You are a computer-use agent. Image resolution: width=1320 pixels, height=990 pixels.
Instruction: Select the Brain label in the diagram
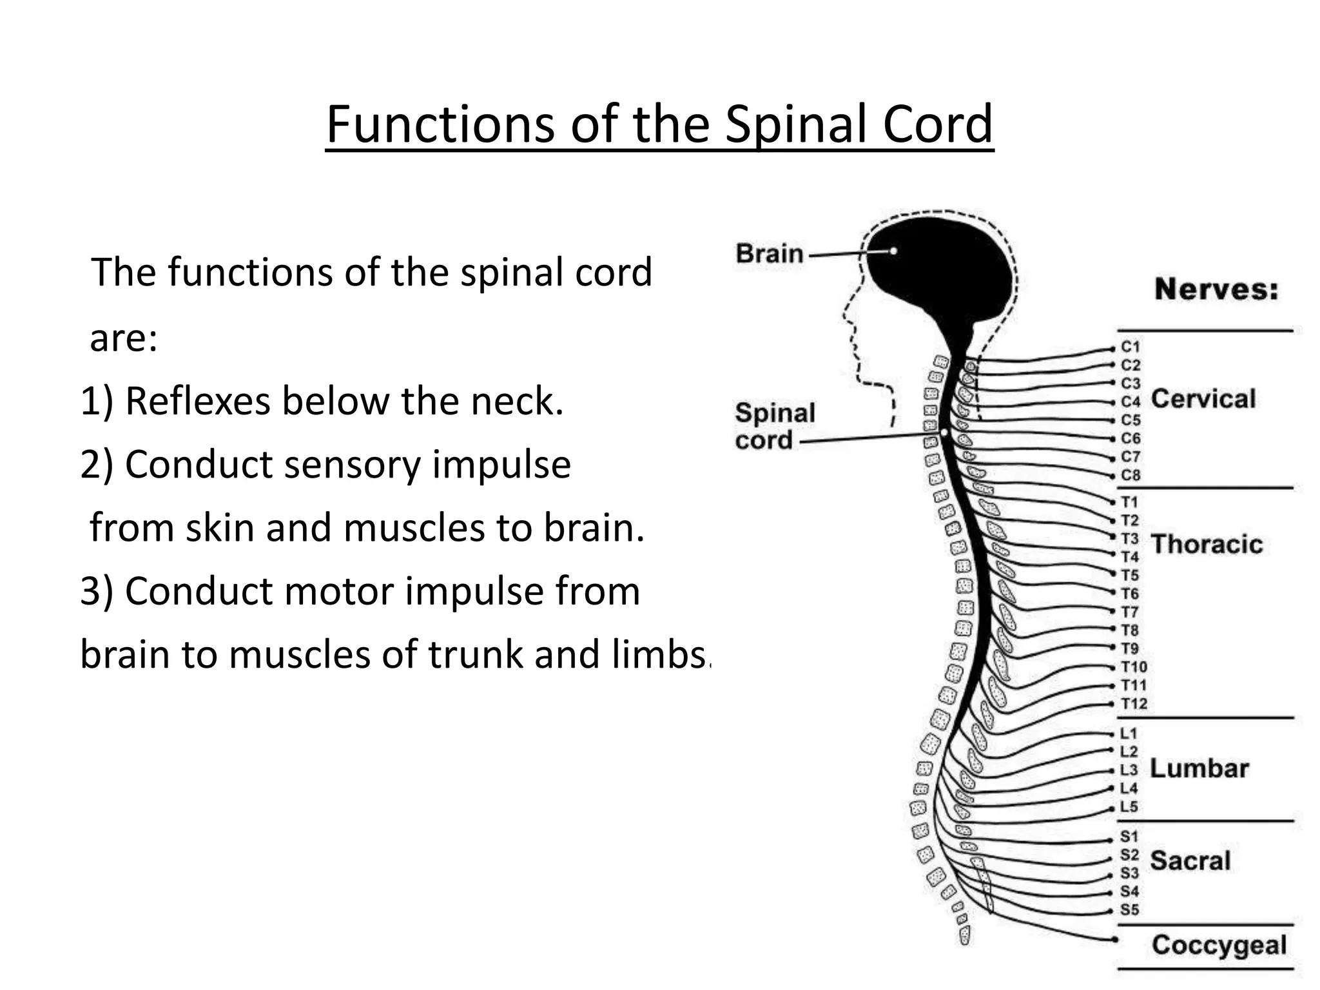(x=770, y=253)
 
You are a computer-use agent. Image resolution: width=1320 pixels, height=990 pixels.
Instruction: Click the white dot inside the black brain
(x=893, y=251)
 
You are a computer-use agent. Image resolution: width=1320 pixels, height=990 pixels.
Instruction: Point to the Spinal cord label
(x=775, y=426)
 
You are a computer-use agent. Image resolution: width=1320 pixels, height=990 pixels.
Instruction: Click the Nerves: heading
(x=1216, y=289)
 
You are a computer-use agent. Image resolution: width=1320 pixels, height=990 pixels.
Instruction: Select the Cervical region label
(x=1203, y=399)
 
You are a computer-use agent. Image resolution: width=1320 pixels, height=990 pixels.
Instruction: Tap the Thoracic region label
(x=1207, y=545)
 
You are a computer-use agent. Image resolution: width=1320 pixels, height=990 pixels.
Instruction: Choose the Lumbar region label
(x=1199, y=768)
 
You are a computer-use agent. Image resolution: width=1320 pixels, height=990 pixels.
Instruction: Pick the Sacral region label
(x=1190, y=860)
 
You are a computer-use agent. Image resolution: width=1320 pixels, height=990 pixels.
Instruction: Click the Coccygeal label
(x=1219, y=945)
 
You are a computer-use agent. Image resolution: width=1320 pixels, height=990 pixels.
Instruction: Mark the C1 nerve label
(x=1131, y=347)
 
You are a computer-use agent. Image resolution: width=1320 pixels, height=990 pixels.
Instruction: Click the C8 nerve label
(x=1131, y=475)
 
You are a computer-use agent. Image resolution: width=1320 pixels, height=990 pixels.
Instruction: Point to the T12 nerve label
(x=1134, y=704)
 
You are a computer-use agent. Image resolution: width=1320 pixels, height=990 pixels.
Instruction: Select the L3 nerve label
(x=1129, y=770)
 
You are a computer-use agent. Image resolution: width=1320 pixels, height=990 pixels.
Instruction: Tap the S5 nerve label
(x=1129, y=910)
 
